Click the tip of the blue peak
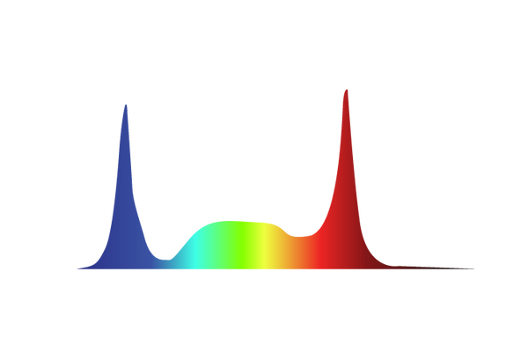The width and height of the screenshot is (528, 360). (x=125, y=104)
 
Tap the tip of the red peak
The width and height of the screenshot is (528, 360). (x=346, y=90)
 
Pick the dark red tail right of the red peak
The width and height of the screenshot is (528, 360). (x=414, y=263)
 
